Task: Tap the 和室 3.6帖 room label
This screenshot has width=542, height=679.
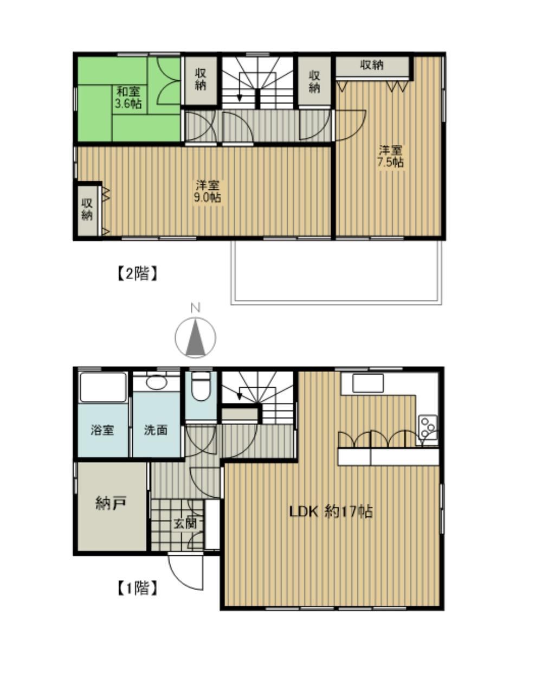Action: [x=128, y=97]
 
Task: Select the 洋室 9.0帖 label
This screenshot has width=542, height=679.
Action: [x=208, y=191]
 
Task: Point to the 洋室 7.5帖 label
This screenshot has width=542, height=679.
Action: [x=390, y=156]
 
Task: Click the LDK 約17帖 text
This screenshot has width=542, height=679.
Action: [x=331, y=511]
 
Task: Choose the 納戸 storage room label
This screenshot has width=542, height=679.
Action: [x=111, y=503]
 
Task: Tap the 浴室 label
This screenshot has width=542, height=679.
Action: [x=102, y=430]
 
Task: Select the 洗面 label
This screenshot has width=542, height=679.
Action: [x=156, y=430]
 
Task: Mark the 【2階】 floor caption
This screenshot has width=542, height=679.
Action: [x=137, y=273]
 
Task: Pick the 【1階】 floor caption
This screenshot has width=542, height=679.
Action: [x=137, y=587]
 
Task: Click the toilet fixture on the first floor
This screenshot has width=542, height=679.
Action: [x=201, y=386]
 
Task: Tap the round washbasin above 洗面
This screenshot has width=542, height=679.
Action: [x=157, y=383]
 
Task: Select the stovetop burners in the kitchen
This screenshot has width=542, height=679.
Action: [x=428, y=427]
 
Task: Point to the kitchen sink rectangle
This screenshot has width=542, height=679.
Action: [x=367, y=383]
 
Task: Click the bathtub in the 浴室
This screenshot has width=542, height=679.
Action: [x=103, y=387]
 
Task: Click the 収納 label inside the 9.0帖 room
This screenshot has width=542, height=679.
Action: [x=87, y=209]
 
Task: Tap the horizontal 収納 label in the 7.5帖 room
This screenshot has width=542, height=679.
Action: [x=372, y=65]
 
